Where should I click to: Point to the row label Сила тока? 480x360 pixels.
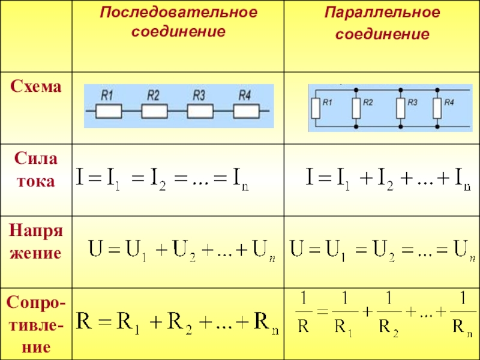(35, 170)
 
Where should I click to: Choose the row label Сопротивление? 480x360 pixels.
(35, 323)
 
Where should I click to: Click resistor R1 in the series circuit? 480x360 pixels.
(109, 111)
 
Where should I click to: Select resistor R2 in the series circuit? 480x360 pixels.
(154, 111)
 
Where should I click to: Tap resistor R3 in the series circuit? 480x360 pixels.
(200, 111)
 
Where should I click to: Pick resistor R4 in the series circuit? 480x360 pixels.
(246, 111)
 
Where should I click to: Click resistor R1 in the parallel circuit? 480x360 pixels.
(316, 109)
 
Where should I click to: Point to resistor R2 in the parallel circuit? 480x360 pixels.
(356, 109)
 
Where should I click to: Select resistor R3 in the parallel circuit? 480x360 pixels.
(400, 109)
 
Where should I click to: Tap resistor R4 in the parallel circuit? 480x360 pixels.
(437, 109)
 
